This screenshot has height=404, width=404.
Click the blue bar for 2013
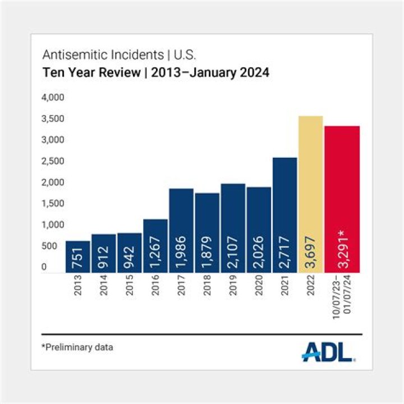pyautogui.click(x=77, y=257)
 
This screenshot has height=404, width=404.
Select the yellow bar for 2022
pyautogui.click(x=310, y=194)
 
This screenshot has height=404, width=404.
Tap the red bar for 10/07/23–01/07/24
pyautogui.click(x=342, y=199)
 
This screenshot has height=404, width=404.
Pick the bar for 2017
pyautogui.click(x=181, y=231)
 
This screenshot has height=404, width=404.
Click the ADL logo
pyautogui.click(x=329, y=351)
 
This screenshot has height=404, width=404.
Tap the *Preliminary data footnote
pyautogui.click(x=77, y=347)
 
